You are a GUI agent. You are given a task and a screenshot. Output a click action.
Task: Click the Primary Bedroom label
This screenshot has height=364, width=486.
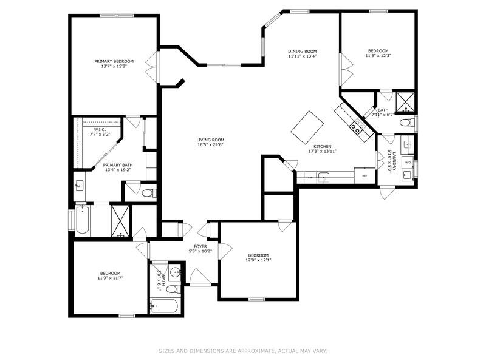pos(114,61)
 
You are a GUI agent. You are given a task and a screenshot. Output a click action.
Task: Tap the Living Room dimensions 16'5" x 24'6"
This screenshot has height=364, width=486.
pos(210,144)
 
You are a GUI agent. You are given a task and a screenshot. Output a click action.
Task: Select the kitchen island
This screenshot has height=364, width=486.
pos(307,126)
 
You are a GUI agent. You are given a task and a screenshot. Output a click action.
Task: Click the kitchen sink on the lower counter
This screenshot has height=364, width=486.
pos(324,177)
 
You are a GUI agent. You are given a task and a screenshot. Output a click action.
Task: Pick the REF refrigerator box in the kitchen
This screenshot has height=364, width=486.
pos(365,176)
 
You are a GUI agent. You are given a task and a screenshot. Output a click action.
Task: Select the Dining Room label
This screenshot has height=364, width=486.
pos(303,51)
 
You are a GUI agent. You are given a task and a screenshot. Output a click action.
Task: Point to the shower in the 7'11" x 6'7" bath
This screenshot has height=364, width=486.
pos(405,101)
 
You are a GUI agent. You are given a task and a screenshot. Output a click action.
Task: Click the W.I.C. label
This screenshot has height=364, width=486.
pos(100,129)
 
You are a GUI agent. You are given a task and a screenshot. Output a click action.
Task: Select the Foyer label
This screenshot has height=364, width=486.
pos(200,246)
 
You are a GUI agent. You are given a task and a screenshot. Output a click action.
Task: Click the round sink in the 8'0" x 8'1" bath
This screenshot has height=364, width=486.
pos(175,272)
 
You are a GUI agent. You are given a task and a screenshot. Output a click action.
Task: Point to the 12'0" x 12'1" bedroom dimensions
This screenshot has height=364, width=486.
pos(258,260)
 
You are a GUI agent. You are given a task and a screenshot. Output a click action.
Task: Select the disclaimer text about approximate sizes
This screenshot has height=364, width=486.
pos(243,351)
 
